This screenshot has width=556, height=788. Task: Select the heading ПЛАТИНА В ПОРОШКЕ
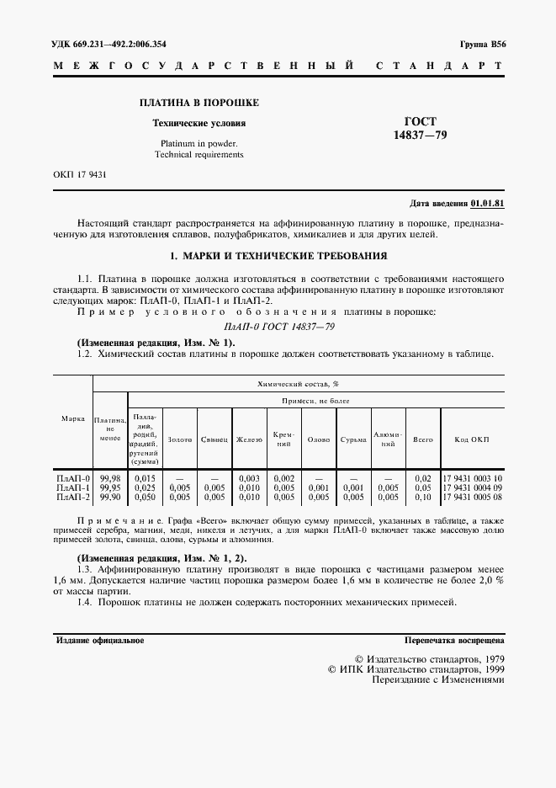pos(199,103)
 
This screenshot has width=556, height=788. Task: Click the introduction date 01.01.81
pos(487,204)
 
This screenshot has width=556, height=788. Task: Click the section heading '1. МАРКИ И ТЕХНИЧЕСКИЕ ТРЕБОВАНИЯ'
pos(278,255)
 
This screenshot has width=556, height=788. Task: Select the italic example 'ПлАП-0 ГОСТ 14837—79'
pos(278,327)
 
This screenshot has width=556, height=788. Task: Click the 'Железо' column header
pos(249,439)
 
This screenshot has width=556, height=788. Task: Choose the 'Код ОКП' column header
pos(471,439)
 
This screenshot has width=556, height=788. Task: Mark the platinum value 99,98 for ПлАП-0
pos(109,478)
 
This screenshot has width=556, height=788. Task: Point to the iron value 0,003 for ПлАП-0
pos(249,478)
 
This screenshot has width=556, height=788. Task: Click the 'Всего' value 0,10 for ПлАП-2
pos(423,497)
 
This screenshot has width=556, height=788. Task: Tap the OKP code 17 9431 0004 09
pos(472,487)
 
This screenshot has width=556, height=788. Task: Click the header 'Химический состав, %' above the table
pos(293,383)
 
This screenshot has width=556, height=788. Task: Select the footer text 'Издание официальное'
pos(100,641)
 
